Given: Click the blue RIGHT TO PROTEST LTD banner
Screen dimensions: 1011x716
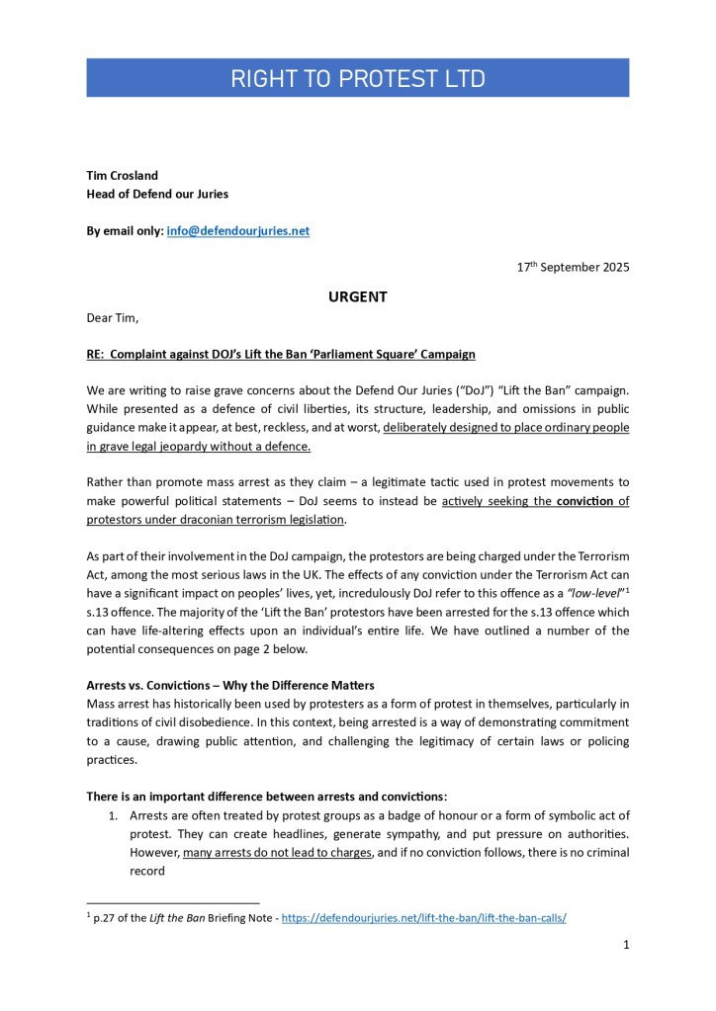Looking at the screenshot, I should (358, 78).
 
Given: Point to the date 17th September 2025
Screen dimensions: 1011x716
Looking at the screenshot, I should (573, 267).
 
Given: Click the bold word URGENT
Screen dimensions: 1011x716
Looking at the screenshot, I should (357, 295).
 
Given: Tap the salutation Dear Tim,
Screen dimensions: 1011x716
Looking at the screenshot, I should (114, 319).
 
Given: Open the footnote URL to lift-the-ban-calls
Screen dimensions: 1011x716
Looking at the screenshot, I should (424, 917).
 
